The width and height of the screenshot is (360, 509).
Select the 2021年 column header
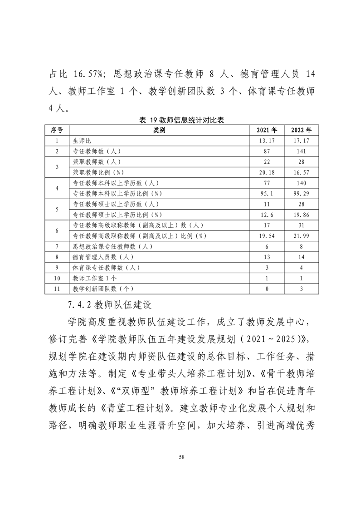267,130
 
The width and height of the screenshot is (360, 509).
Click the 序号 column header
56,130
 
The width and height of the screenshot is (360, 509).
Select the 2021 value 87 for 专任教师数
267,151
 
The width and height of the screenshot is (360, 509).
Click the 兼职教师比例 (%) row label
98,172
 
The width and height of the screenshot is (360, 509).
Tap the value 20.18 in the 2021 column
267,172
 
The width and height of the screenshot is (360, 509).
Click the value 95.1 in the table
267,194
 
